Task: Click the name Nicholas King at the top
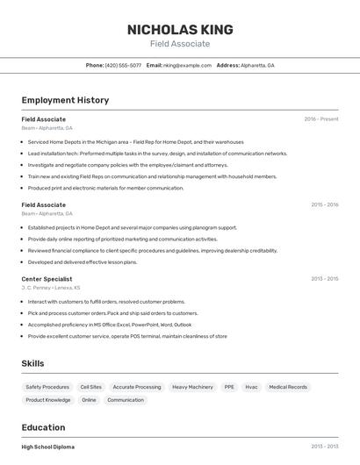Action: [x=179, y=29]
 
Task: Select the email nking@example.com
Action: [x=187, y=65]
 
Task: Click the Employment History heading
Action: [x=65, y=100]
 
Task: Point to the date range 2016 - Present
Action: [x=321, y=118]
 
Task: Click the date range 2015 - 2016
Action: [x=324, y=204]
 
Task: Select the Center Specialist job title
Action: [x=47, y=279]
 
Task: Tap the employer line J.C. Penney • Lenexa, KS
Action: [x=50, y=288]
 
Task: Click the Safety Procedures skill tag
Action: [x=47, y=387]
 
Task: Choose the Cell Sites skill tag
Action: [x=90, y=387]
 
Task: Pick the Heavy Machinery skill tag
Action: [x=192, y=387]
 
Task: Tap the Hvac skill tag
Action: [x=251, y=387]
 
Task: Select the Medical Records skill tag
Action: [x=288, y=387]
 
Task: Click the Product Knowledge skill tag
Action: [x=47, y=400]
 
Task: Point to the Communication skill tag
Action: [x=126, y=400]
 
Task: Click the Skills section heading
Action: [x=32, y=363]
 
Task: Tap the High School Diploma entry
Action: [x=48, y=447]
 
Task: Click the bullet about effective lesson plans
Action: [x=83, y=261]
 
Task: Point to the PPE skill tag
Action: [x=229, y=387]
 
